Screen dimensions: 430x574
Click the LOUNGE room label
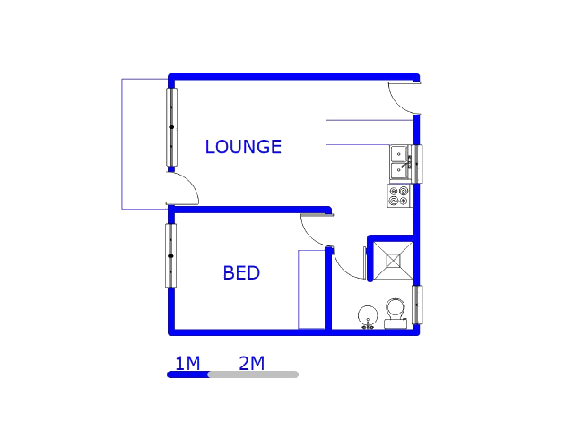tap(243, 147)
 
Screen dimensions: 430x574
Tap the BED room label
tap(241, 273)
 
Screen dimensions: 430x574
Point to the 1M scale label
tap(187, 363)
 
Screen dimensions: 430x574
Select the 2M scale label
tap(251, 363)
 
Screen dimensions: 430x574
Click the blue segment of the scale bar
tap(187, 374)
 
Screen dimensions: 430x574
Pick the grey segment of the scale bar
tap(253, 374)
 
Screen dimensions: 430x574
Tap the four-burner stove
tap(399, 196)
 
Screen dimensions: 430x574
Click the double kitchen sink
tap(399, 163)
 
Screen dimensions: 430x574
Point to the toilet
tap(395, 312)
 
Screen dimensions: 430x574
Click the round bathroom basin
tap(368, 315)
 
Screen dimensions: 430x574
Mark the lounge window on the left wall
tap(171, 126)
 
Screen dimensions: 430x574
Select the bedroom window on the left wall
tap(170, 255)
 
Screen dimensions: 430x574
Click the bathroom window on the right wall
tap(417, 305)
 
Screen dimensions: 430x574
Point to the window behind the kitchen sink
tap(417, 163)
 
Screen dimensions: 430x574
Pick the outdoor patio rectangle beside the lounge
tap(144, 143)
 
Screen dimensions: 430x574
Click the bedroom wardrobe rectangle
tap(311, 289)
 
